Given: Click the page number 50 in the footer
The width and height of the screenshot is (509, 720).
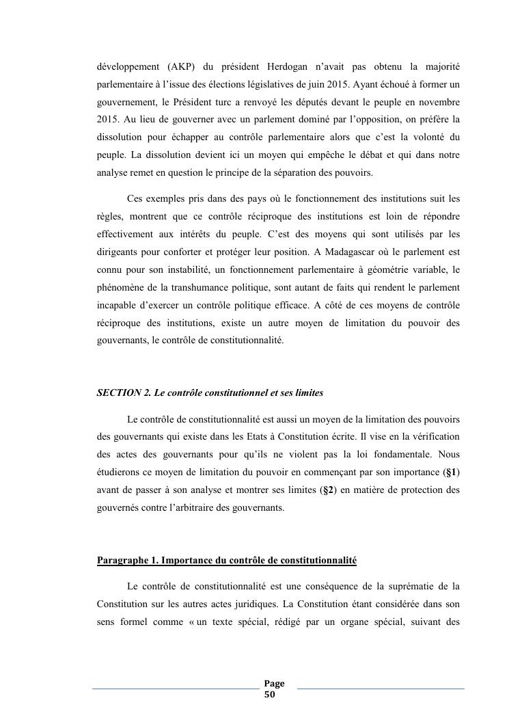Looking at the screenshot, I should coord(269,695).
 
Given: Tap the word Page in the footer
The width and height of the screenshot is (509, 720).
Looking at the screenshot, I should coord(275,684).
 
